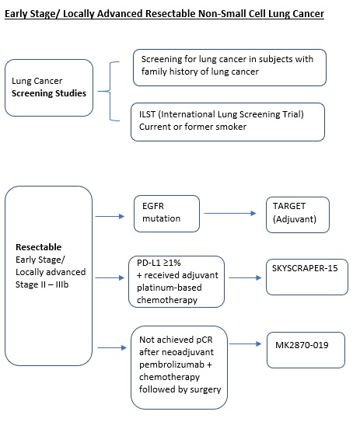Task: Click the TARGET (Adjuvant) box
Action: [x=298, y=214]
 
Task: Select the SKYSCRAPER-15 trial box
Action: [x=307, y=277]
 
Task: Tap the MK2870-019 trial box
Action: [x=306, y=350]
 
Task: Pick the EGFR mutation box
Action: [x=166, y=214]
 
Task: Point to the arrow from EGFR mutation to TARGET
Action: [x=230, y=214]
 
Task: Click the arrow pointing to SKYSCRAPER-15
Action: [x=245, y=277]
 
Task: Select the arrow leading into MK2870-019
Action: [x=245, y=344]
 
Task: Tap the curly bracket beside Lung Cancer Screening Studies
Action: [x=110, y=91]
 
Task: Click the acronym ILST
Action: [x=147, y=114]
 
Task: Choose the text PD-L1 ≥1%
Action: [x=159, y=263]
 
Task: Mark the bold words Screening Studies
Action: [x=49, y=93]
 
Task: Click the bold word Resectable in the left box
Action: [x=39, y=247]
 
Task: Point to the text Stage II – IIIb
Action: [x=42, y=284]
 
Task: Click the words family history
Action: [x=170, y=71]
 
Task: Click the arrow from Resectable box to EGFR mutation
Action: [x=110, y=216]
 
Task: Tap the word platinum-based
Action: [x=170, y=288]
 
